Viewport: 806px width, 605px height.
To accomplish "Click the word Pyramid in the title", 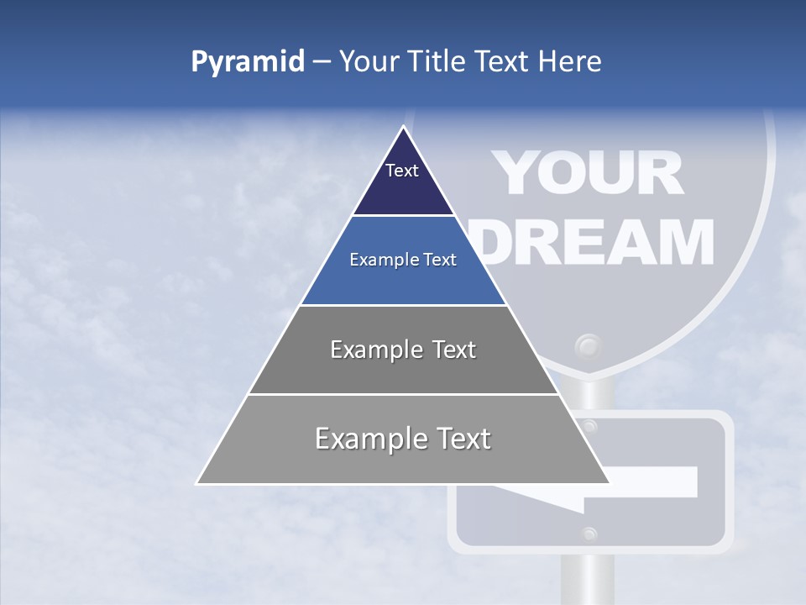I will [x=248, y=61].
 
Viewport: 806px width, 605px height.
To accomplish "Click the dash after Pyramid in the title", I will [x=322, y=61].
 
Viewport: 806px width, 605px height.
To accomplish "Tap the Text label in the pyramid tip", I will [x=402, y=171].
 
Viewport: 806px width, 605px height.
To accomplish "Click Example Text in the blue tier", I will [x=403, y=260].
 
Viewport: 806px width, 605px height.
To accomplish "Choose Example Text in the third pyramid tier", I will [x=403, y=350].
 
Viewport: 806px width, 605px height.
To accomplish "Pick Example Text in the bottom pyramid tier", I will [x=403, y=439].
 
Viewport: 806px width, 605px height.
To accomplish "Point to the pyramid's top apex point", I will [x=404, y=127].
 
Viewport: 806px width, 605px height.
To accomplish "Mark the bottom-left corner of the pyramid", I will [x=197, y=483].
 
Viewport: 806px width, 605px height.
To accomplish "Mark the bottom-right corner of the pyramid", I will [x=609, y=483].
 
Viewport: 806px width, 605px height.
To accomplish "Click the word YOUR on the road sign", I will [x=588, y=175].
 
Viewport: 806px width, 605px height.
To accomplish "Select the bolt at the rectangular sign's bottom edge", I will [x=589, y=533].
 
